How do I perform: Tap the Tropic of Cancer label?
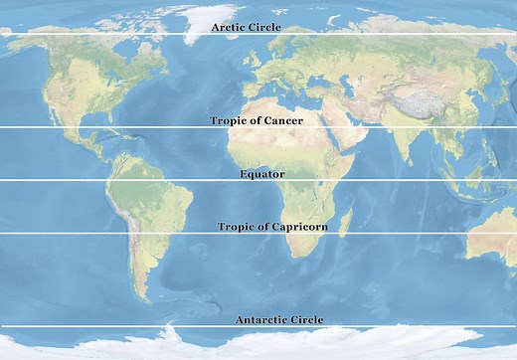257,120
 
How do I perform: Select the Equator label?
261,174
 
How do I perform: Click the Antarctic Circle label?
279,319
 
